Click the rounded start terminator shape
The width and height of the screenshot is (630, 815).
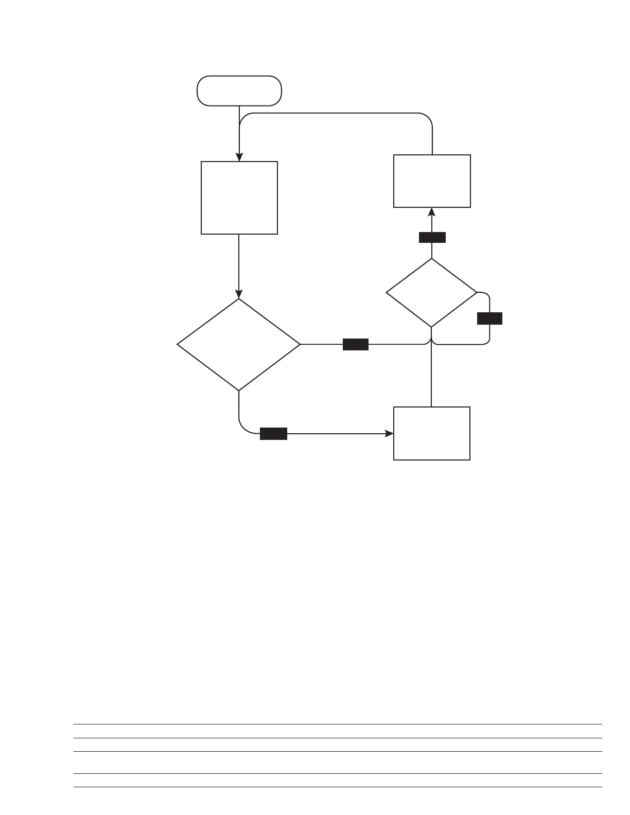239,91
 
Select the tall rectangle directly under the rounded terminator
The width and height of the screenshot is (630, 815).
239,198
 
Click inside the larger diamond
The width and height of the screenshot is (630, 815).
239,344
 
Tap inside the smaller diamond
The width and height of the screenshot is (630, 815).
431,293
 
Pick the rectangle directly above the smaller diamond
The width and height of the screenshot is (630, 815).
432,181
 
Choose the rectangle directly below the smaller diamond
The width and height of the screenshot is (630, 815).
431,433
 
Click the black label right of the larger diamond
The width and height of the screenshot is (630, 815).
356,344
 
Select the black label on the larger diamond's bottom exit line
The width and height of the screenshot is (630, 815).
273,434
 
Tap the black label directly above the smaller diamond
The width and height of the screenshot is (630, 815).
432,237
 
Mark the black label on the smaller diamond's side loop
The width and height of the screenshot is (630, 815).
489,318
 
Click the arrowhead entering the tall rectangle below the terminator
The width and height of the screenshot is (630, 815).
239,157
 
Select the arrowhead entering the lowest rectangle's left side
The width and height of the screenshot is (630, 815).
390,434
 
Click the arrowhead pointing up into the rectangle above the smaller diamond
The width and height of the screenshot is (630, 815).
432,212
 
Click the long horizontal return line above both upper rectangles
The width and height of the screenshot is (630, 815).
335,113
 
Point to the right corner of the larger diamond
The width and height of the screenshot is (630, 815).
300,344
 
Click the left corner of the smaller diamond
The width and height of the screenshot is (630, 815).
387,293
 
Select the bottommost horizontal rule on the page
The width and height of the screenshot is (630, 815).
338,787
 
